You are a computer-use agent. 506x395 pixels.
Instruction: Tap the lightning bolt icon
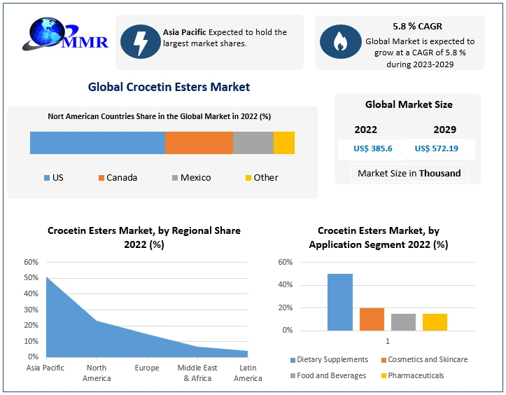pos(140,41)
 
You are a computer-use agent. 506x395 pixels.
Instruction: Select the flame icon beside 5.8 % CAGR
pos(339,41)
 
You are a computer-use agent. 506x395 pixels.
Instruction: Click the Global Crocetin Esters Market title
pos(169,88)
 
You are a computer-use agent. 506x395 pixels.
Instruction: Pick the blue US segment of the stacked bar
pos(97,142)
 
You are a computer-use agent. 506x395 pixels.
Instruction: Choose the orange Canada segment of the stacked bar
pos(199,142)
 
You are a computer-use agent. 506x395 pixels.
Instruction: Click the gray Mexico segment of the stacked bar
pos(253,142)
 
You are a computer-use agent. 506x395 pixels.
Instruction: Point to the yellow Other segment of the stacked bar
pos(283,142)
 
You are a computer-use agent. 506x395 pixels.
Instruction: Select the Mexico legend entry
pos(190,177)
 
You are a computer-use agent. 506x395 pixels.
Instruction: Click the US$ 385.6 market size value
pos(372,148)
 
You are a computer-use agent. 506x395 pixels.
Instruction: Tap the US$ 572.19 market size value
pos(436,148)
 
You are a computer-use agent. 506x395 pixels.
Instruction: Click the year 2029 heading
pos(444,130)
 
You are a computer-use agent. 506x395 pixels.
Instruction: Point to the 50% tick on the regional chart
pos(31,278)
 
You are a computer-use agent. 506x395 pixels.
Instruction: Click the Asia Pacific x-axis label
pos(45,368)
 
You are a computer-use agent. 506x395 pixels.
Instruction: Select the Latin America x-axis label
pos(248,373)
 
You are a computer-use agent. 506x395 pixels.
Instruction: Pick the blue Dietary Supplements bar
pos(340,302)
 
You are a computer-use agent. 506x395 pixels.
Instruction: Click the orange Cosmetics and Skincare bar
pos(372,319)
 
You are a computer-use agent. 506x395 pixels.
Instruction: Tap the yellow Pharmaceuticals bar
pos(435,321)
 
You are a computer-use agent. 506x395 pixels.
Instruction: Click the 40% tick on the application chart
pos(285,285)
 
